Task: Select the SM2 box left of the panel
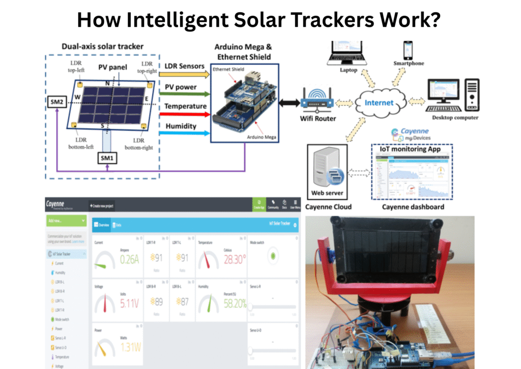[56, 102]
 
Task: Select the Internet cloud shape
[379, 102]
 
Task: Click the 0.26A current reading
[129, 259]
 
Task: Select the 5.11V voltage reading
[129, 304]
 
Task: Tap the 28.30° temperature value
[235, 259]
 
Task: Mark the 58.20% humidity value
[235, 304]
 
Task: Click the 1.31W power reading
[129, 348]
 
